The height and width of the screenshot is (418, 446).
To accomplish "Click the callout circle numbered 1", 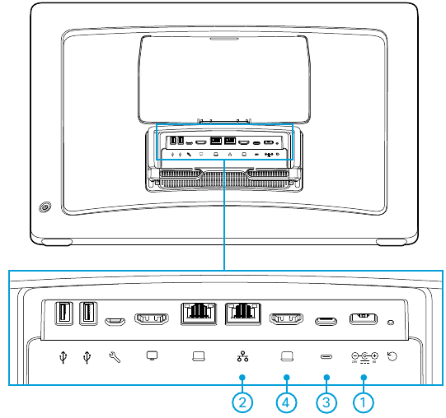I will click(364, 403).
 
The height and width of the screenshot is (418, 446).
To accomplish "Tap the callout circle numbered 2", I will click(242, 403).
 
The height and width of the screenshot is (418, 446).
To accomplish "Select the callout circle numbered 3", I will click(327, 403).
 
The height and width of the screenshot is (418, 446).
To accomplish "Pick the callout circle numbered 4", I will click(286, 403).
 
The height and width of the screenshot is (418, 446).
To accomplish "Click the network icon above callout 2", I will click(242, 357).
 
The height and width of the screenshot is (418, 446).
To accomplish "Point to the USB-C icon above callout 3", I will click(327, 357).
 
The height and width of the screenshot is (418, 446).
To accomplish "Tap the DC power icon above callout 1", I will click(364, 357).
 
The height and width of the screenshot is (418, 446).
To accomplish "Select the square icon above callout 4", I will click(286, 357).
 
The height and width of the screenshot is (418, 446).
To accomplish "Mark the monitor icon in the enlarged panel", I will click(152, 357).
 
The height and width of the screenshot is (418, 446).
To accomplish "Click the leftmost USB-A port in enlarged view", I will click(63, 314).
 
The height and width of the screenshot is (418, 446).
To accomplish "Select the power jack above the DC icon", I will click(364, 318).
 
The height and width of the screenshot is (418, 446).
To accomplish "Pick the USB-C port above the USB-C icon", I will click(327, 318).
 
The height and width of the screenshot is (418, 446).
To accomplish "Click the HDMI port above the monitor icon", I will click(152, 318).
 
